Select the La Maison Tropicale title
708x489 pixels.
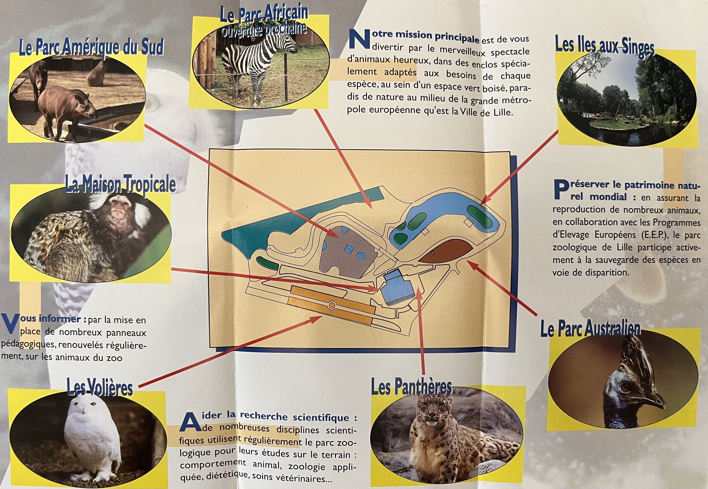120,184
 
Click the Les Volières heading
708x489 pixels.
100,388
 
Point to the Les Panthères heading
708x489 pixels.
411,387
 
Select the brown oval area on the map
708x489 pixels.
446,250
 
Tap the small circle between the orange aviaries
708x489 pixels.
331,305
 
